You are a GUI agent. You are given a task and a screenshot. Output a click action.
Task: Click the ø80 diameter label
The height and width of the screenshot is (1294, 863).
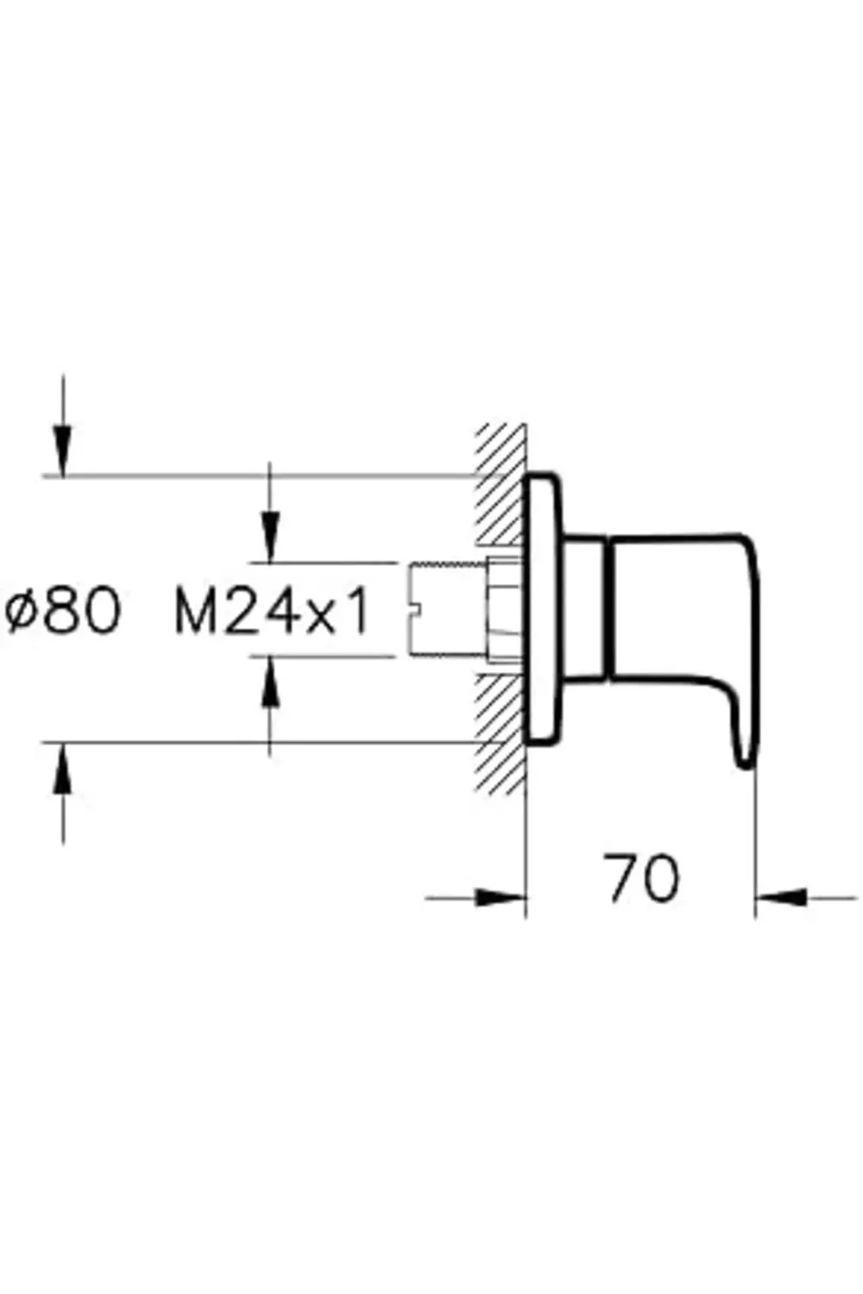pyautogui.click(x=62, y=612)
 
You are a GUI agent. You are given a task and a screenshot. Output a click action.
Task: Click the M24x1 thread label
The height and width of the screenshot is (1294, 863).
pyautogui.click(x=272, y=612)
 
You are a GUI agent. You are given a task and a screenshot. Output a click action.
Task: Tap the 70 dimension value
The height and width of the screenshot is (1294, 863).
pyautogui.click(x=642, y=879)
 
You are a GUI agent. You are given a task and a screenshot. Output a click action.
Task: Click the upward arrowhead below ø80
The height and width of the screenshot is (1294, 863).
pyautogui.click(x=62, y=766)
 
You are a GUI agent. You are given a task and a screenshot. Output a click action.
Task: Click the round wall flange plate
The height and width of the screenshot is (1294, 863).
pyautogui.click(x=544, y=608)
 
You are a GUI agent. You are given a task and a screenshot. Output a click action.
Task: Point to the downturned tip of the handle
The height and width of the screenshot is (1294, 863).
pyautogui.click(x=744, y=751)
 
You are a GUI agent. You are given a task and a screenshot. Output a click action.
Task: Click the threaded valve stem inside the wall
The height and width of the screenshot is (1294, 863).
pyautogui.click(x=444, y=608)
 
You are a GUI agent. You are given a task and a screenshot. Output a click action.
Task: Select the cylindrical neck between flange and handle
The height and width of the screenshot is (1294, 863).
pyautogui.click(x=587, y=608)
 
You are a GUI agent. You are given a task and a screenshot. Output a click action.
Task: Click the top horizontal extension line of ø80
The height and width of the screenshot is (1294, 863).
pyautogui.click(x=259, y=475)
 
